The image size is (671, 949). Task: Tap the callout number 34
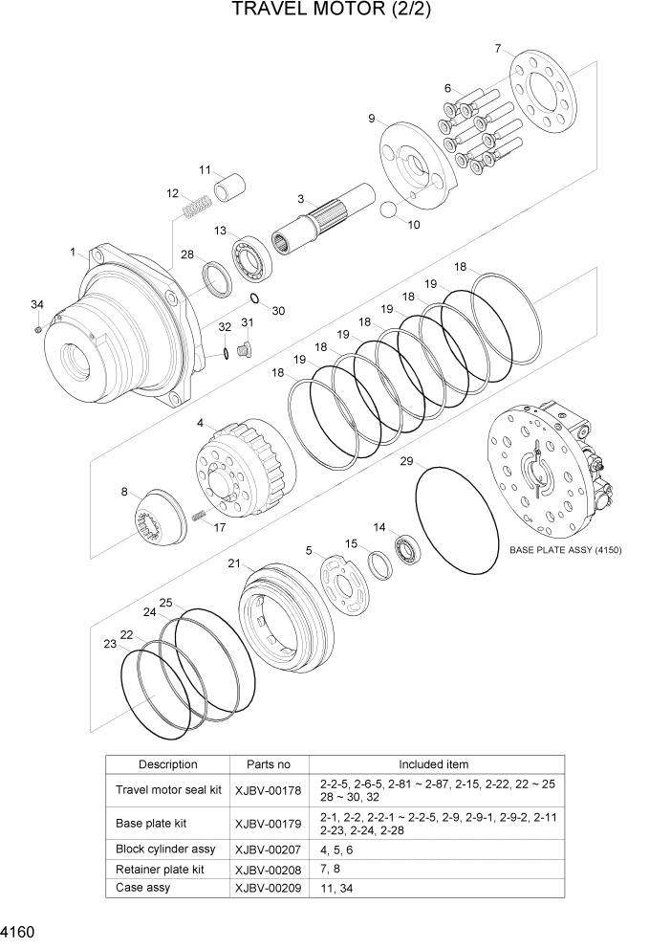(x=36, y=305)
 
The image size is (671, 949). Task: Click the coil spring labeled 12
(x=197, y=206)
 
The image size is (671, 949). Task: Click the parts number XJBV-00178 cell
(x=268, y=790)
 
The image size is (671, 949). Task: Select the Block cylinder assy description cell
(x=165, y=849)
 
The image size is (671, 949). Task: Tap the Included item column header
(x=433, y=764)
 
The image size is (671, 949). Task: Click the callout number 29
(x=406, y=462)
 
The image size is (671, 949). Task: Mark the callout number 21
(x=233, y=564)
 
